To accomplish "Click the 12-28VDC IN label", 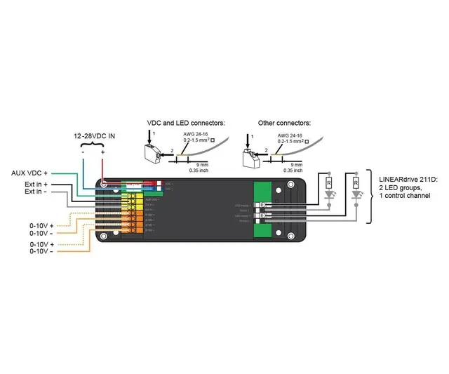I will [x=95, y=135].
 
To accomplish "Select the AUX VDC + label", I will [x=29, y=173].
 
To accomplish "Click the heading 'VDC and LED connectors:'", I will [x=185, y=123].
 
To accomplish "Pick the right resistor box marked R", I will [x=356, y=185].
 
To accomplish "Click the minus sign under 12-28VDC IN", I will [x=83, y=152].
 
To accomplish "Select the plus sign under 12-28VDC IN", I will [x=103, y=152].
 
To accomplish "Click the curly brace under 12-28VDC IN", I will [x=93, y=145].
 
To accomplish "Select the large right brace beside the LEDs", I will [x=370, y=195].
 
